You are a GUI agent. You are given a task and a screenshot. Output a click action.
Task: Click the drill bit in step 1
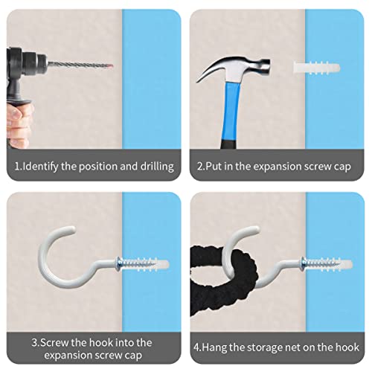coord(80,65)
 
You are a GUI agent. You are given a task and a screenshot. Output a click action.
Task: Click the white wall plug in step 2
coord(316,68)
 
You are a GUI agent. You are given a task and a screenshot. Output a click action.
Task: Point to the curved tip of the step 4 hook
coord(257,229)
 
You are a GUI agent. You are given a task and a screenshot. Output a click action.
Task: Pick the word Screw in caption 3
coord(54,343)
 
